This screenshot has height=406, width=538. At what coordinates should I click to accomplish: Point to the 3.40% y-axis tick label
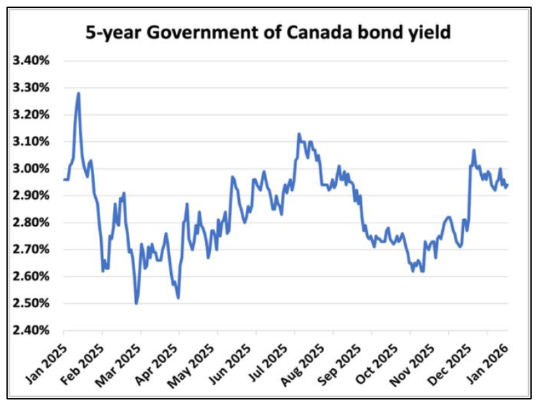pos(32,61)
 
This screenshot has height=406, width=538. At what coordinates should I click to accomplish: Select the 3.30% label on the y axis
pos(32,88)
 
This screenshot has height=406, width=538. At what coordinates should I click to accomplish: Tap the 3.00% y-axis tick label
pos(32,169)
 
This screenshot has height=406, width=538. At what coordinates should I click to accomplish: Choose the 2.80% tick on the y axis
pos(32,222)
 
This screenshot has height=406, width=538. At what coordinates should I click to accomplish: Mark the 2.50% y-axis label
pos(32,303)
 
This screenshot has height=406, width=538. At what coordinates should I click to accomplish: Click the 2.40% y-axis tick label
pos(32,330)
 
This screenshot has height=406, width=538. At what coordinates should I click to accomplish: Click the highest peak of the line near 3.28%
pos(79,93)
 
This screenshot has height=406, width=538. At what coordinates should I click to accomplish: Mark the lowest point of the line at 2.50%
pos(137,303)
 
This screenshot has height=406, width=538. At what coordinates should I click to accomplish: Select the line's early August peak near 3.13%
pos(299,134)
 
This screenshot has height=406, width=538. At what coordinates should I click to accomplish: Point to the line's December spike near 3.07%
pos(474,150)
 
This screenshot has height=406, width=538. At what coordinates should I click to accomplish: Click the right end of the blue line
pos(507,185)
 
